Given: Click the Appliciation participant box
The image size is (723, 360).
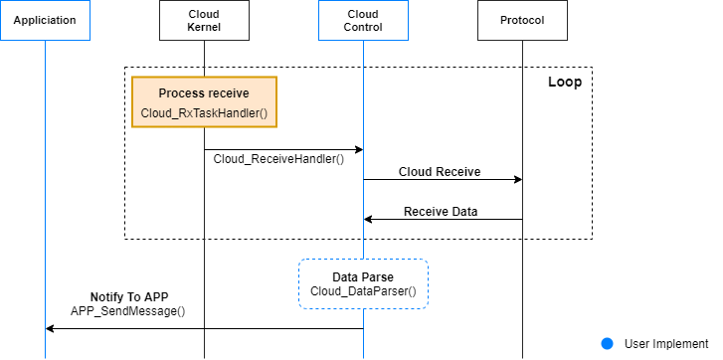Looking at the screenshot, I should pyautogui.click(x=45, y=20).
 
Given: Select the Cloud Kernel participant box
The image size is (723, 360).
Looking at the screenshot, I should pyautogui.click(x=204, y=20).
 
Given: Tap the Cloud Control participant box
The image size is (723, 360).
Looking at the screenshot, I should pyautogui.click(x=363, y=20).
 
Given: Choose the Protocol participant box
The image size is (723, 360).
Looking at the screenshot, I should pyautogui.click(x=523, y=20).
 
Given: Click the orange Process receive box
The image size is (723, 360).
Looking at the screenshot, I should pyautogui.click(x=204, y=102).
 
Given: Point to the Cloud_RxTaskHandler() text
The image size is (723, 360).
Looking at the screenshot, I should pyautogui.click(x=204, y=112).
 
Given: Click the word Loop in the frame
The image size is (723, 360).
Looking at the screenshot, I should pyautogui.click(x=564, y=82).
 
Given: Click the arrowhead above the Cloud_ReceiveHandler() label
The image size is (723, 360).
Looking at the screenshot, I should pyautogui.click(x=358, y=149).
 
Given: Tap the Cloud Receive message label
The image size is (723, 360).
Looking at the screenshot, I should pyautogui.click(x=440, y=171).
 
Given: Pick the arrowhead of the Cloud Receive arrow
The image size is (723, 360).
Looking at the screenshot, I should pyautogui.click(x=518, y=180).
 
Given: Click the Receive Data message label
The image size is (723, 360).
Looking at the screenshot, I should pyautogui.click(x=440, y=211).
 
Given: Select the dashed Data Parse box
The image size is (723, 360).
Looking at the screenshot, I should pyautogui.click(x=363, y=283).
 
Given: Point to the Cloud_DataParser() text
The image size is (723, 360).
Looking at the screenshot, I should pyautogui.click(x=363, y=292).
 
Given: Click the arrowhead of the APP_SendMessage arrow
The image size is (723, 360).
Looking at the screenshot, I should pyautogui.click(x=50, y=328).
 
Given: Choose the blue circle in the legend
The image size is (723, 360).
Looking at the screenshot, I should pyautogui.click(x=608, y=343).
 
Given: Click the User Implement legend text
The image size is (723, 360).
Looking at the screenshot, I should pyautogui.click(x=666, y=343).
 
